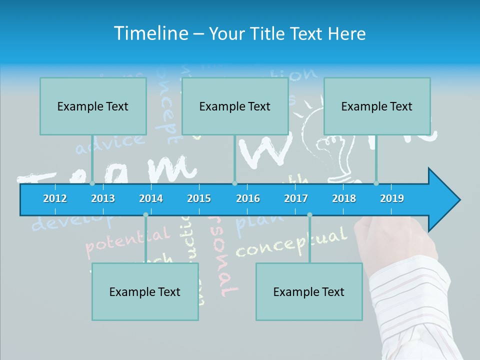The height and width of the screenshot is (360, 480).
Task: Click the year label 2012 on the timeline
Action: tap(55, 198)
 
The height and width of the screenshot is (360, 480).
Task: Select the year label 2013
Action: tap(103, 198)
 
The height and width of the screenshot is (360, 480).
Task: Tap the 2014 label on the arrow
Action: tap(151, 198)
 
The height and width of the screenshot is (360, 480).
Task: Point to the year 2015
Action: tap(199, 198)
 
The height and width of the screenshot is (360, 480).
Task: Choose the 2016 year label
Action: tap(248, 198)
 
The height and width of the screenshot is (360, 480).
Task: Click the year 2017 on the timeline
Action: tap(296, 198)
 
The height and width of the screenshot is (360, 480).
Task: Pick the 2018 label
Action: tap(344, 198)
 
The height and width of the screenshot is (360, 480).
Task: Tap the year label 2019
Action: tap(392, 198)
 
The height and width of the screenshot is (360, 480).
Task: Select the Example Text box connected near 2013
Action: tap(93, 106)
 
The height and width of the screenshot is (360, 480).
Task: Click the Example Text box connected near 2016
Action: tap(235, 106)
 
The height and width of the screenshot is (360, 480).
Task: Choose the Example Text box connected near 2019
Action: tap(377, 106)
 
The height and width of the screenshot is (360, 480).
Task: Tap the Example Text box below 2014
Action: tap(145, 291)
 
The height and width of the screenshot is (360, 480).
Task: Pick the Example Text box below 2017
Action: tap(309, 291)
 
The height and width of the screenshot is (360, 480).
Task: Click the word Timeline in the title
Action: tap(150, 33)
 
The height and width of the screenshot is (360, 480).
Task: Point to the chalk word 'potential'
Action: tap(127, 240)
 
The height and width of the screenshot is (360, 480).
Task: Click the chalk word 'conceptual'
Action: tap(290, 242)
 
